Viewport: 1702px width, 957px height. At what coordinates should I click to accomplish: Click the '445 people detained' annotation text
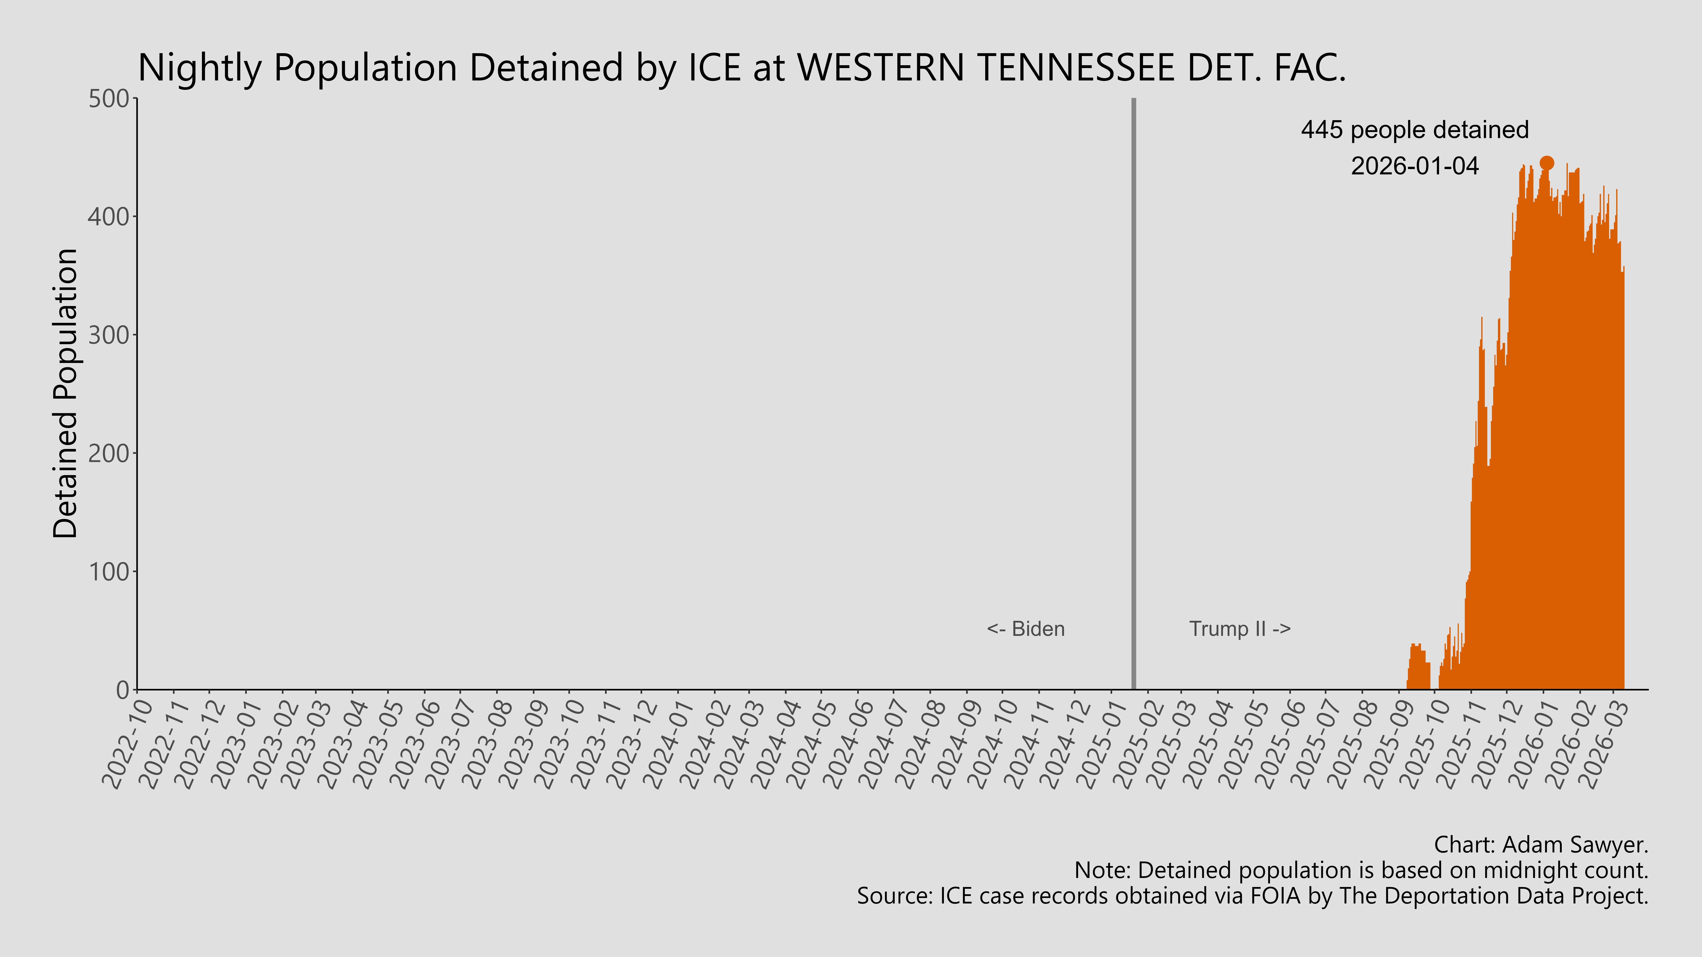tap(1415, 130)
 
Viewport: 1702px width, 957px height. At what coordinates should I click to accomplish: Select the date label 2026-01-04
tap(1415, 166)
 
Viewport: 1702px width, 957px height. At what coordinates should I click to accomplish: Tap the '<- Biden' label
tap(1025, 629)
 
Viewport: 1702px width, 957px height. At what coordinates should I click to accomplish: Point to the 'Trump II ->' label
tap(1239, 629)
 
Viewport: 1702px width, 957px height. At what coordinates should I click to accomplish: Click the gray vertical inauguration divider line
tap(1134, 396)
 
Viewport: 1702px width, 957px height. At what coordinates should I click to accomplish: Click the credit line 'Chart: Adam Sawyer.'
tap(1541, 845)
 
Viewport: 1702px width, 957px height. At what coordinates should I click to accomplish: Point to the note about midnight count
tap(1361, 871)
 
